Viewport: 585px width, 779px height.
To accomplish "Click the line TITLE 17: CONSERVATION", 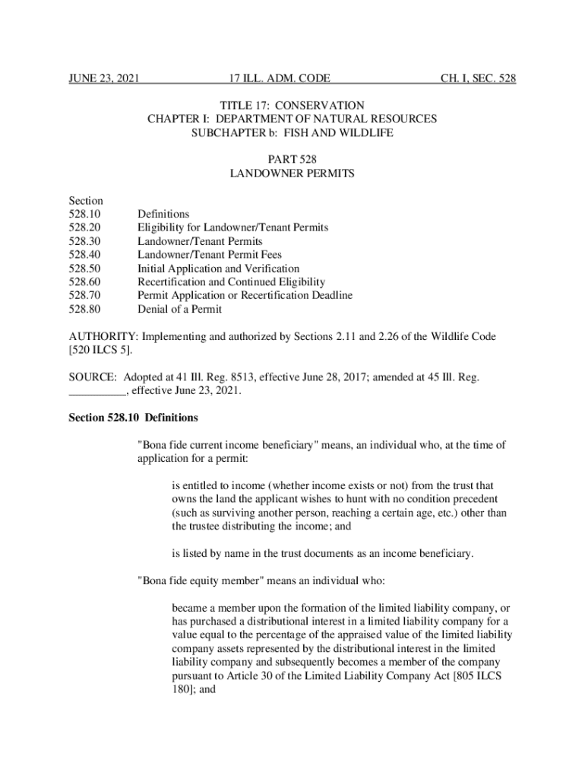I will tap(292, 105).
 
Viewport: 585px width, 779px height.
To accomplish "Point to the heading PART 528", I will tap(292, 159).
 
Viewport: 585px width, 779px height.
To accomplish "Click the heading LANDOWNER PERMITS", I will tap(292, 173).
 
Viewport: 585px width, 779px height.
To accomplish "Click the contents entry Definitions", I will tap(163, 214).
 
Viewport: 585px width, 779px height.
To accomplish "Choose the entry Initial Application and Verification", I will tap(218, 269).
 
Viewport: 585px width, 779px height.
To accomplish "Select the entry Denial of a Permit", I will tap(179, 310).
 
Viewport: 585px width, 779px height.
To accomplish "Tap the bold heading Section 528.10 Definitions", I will tap(133, 418).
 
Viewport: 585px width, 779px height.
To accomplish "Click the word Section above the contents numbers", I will tap(85, 200).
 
